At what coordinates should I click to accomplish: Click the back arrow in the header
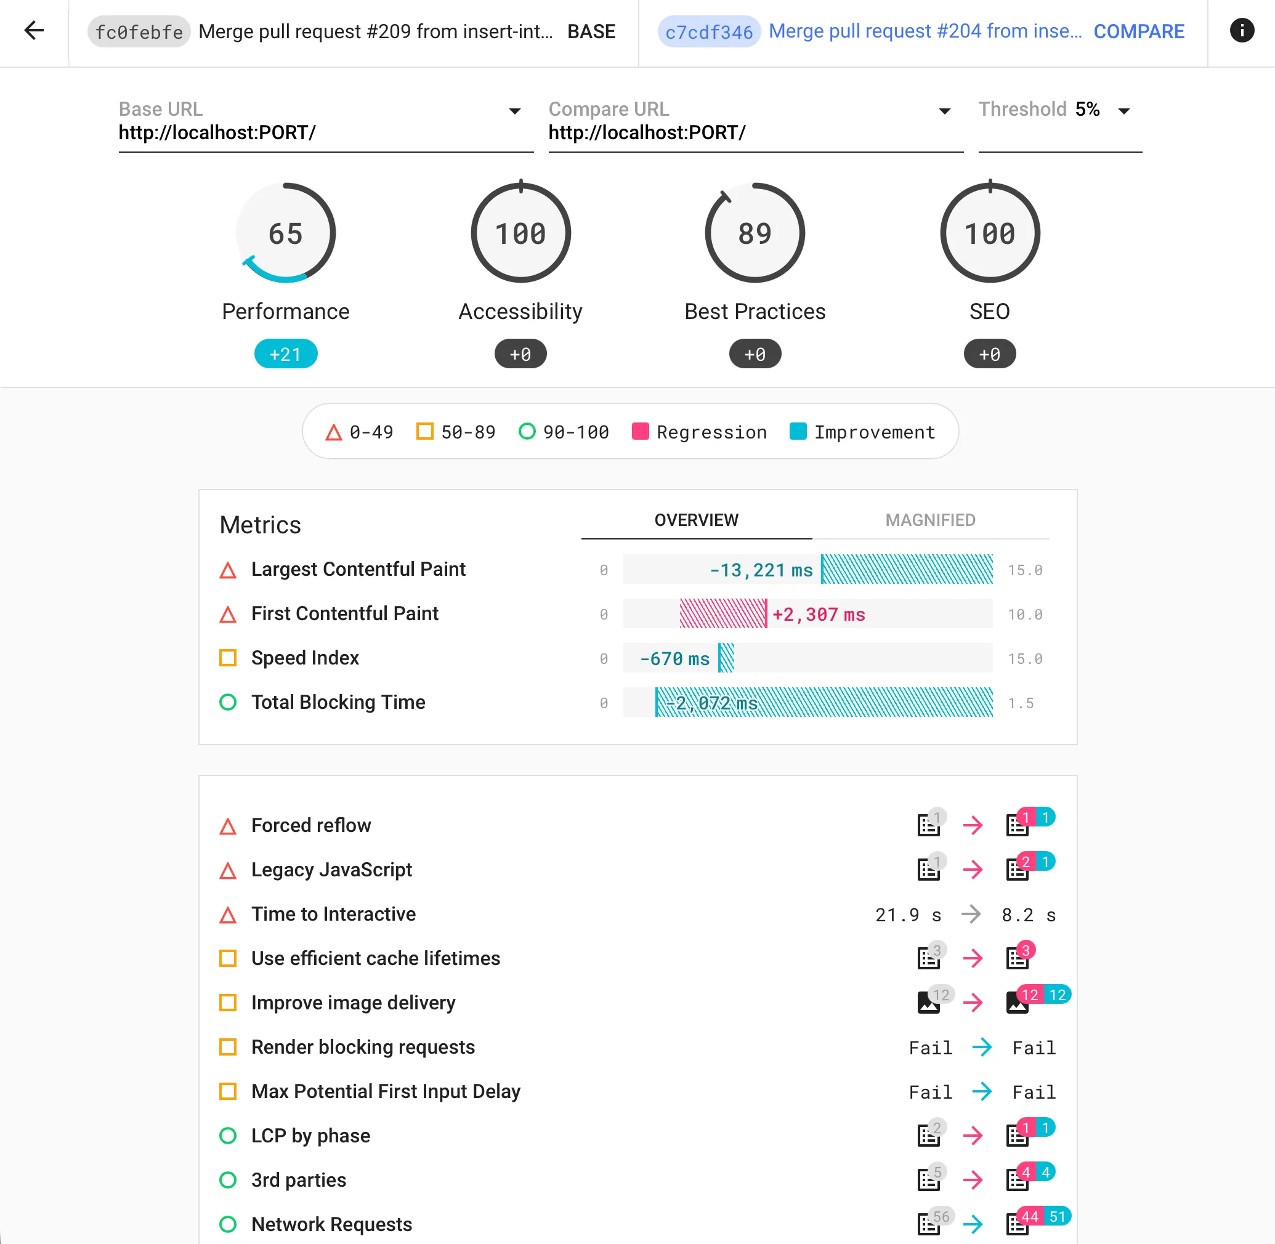pyautogui.click(x=34, y=31)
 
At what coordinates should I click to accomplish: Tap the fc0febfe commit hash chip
pyautogui.click(x=139, y=31)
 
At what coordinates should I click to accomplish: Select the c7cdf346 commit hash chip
pyautogui.click(x=708, y=31)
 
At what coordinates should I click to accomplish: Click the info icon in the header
pyautogui.click(x=1241, y=31)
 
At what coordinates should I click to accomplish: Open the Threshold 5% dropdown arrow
pyautogui.click(x=1123, y=110)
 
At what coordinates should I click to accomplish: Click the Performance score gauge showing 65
pyautogui.click(x=286, y=233)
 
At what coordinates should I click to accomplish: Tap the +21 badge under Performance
pyautogui.click(x=286, y=354)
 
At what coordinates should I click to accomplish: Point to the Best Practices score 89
pyautogui.click(x=755, y=233)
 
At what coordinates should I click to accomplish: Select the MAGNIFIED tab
pyautogui.click(x=930, y=520)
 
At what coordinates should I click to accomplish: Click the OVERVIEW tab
pyautogui.click(x=696, y=520)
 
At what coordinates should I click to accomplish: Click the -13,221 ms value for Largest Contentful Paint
pyautogui.click(x=761, y=570)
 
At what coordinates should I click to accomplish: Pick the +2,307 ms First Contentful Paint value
pyautogui.click(x=818, y=615)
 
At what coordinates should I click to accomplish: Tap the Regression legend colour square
pyautogui.click(x=640, y=432)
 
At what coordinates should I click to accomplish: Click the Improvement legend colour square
pyautogui.click(x=797, y=432)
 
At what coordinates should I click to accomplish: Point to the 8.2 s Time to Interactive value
pyautogui.click(x=1028, y=915)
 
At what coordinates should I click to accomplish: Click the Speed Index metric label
pyautogui.click(x=305, y=658)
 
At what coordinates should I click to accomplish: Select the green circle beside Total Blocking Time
pyautogui.click(x=227, y=702)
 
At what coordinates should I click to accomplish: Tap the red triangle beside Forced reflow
pyautogui.click(x=227, y=826)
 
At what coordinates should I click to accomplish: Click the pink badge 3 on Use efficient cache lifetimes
pyautogui.click(x=1026, y=950)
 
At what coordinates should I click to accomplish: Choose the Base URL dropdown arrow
pyautogui.click(x=514, y=110)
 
